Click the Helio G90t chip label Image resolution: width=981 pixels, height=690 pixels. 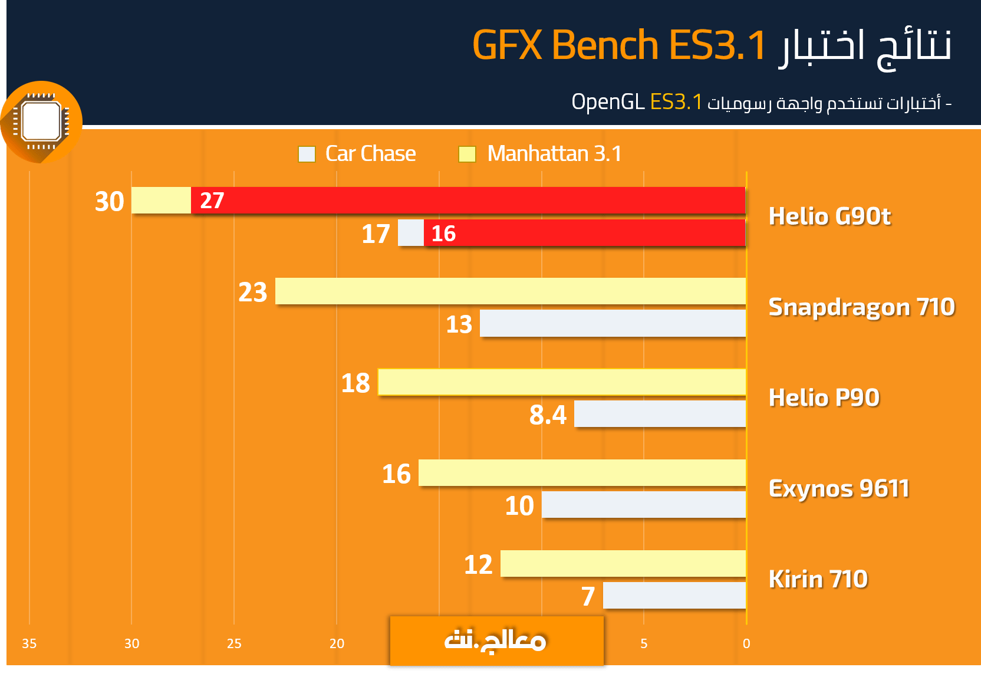pyautogui.click(x=829, y=216)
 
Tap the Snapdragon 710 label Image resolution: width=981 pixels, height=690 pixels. pyautogui.click(x=861, y=307)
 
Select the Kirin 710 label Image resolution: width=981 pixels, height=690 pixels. pyautogui.click(x=818, y=579)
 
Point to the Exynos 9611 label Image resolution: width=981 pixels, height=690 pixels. pyautogui.click(x=839, y=488)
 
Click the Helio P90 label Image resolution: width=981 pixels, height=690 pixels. pyautogui.click(x=824, y=397)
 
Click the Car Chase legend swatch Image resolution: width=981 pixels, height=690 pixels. pyautogui.click(x=307, y=154)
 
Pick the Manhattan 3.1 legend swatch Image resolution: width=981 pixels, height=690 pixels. pyautogui.click(x=467, y=154)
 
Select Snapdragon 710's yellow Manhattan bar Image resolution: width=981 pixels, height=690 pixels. pyautogui.click(x=510, y=291)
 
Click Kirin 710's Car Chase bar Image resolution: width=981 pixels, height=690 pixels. pyautogui.click(x=674, y=596)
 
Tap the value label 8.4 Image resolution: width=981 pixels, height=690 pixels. pyautogui.click(x=548, y=415)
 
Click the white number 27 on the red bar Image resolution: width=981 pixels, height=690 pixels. pyautogui.click(x=212, y=201)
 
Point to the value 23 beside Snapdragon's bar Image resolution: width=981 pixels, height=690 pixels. pyautogui.click(x=253, y=292)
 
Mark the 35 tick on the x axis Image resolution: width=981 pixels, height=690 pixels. pyautogui.click(x=29, y=643)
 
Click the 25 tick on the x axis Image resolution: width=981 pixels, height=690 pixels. pyautogui.click(x=234, y=643)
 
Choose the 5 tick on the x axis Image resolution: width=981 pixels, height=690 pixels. pyautogui.click(x=644, y=643)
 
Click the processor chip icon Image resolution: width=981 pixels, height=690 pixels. pyautogui.click(x=41, y=122)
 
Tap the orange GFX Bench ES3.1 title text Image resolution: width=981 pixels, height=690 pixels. pyautogui.click(x=619, y=45)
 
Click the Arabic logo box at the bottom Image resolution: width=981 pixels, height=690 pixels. pyautogui.click(x=496, y=641)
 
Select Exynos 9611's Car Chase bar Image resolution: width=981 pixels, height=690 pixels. pyautogui.click(x=644, y=505)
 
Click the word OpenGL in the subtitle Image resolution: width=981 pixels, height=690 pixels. pyautogui.click(x=608, y=101)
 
